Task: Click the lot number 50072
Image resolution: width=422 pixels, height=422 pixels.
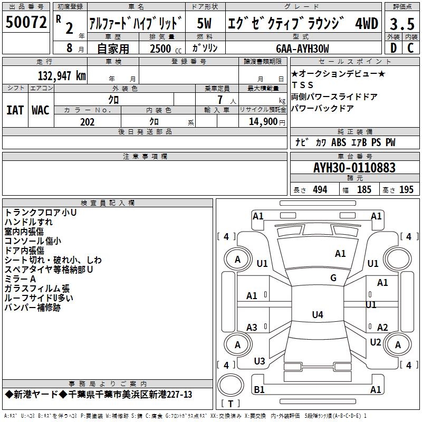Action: click(26, 23)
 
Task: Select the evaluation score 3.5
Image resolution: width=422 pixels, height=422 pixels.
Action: click(401, 24)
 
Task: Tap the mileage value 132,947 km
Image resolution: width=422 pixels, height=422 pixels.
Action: click(62, 75)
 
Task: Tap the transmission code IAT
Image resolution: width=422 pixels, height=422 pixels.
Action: click(15, 110)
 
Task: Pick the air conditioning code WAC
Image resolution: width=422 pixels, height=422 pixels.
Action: click(41, 110)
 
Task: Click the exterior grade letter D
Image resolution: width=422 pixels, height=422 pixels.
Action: click(393, 48)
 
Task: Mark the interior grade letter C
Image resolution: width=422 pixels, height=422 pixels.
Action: click(410, 48)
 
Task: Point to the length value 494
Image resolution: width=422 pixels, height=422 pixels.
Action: click(320, 190)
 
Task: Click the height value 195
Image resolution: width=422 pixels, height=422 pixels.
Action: click(406, 190)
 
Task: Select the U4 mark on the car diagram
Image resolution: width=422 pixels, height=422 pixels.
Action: click(317, 315)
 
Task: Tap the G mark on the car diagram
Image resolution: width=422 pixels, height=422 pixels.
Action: click(333, 278)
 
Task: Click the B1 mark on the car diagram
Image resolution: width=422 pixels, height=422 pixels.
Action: click(259, 389)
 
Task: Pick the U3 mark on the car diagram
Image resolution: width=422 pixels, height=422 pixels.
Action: click(260, 361)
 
